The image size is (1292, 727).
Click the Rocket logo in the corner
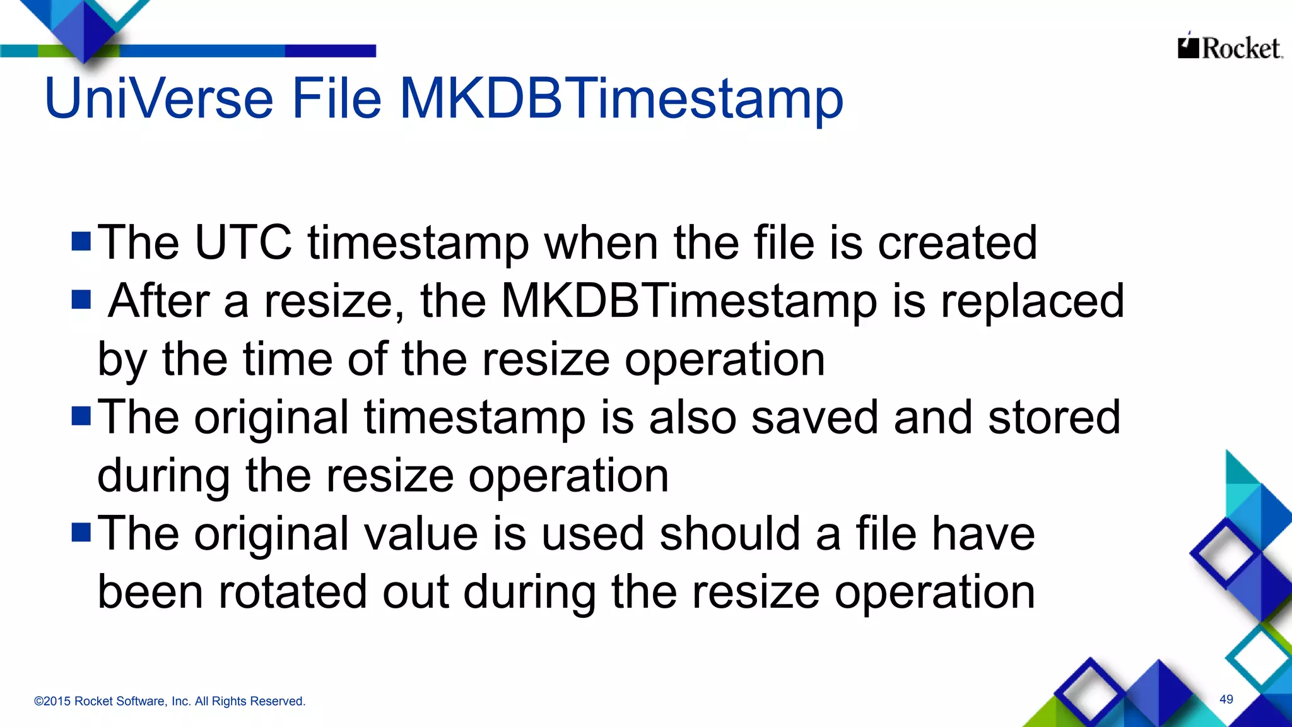(x=1230, y=47)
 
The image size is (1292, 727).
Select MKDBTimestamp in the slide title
(x=621, y=100)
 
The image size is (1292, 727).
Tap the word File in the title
(x=336, y=98)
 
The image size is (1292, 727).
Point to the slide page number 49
(x=1226, y=699)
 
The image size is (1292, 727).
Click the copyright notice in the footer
(x=170, y=701)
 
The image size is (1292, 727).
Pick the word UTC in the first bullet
(x=243, y=242)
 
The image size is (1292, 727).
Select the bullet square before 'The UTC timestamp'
(x=81, y=241)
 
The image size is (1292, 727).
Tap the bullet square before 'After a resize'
(x=81, y=299)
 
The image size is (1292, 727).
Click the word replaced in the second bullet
(x=1032, y=301)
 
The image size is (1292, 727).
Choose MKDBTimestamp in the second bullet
(x=689, y=301)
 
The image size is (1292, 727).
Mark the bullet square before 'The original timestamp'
(x=81, y=416)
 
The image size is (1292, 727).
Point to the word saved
(x=814, y=417)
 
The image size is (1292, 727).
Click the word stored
(x=1054, y=417)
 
